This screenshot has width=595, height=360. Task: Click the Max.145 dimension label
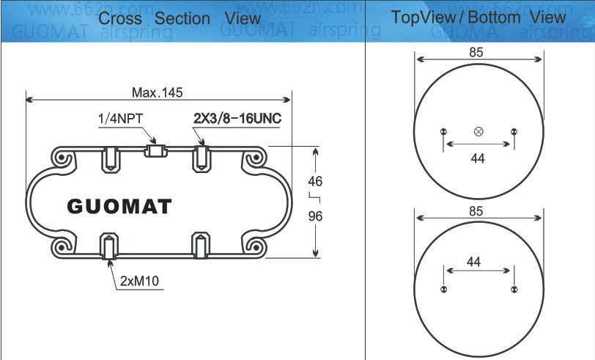coord(157,92)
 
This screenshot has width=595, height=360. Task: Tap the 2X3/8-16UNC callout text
coord(237,118)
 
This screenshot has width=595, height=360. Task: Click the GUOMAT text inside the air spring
coord(120,206)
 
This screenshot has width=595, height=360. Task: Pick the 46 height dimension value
coord(315,181)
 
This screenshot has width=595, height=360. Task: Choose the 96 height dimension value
coord(315,216)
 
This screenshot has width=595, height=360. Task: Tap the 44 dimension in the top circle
coord(478,158)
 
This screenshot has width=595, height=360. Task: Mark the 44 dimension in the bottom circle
coord(473,261)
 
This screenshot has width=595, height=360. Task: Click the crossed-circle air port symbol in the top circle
coord(478,131)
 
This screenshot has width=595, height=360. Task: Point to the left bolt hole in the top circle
coord(444,132)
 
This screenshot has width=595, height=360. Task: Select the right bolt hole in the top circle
coord(514,132)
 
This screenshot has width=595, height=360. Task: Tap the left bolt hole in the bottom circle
coord(444,290)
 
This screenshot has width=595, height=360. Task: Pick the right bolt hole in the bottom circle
coord(514,290)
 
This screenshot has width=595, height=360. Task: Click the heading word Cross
coord(119,18)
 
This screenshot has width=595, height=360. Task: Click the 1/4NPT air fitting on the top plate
coord(156,151)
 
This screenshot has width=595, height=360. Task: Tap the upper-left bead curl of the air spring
coord(62,159)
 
